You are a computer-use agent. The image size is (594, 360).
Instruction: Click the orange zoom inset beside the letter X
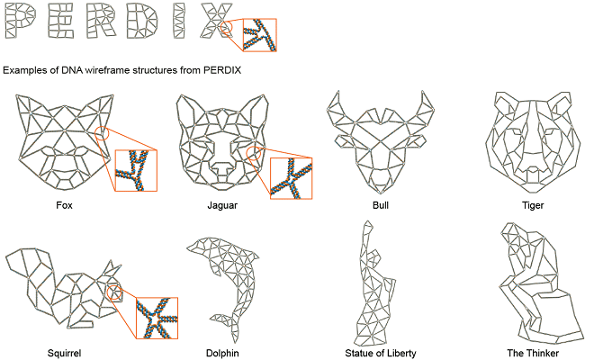[x=258, y=36]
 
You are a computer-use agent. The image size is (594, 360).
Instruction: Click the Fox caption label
[x=64, y=205]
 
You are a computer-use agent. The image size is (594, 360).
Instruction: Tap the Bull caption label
[x=382, y=205]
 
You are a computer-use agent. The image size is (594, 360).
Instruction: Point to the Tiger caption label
[x=533, y=205]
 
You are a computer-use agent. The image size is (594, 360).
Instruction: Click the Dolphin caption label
[x=221, y=352]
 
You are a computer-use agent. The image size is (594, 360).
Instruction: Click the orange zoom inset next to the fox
[x=135, y=170]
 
